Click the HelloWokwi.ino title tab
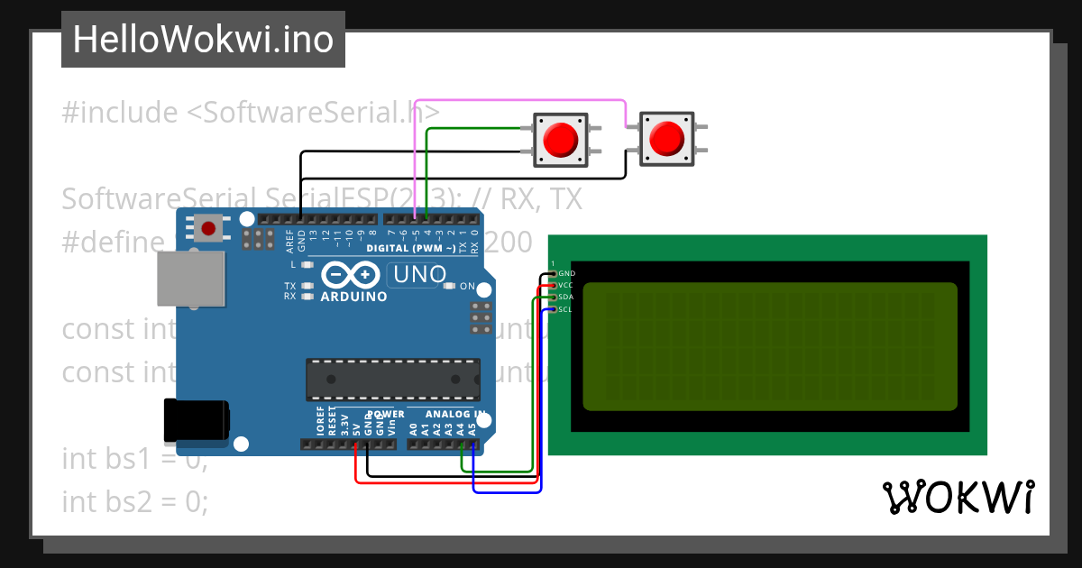tap(203, 40)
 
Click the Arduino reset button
tap(209, 228)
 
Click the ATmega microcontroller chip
tap(392, 380)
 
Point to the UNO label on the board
tap(417, 273)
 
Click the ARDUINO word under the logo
tap(353, 297)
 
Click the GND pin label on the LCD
tap(566, 273)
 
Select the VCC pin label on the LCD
tap(566, 285)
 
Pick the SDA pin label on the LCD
tap(566, 297)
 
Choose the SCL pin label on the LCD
tap(566, 309)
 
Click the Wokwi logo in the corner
tap(958, 497)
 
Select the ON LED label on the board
tap(467, 286)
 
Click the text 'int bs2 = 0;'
tap(135, 501)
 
